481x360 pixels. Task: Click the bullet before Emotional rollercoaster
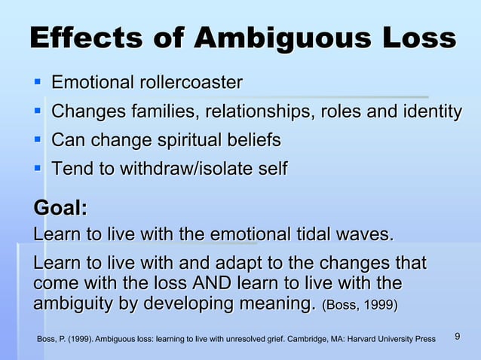pos(36,81)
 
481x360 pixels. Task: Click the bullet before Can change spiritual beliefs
pos(36,139)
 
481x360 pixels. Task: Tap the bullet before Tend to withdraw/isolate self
pos(36,168)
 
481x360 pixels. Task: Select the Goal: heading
pos(60,207)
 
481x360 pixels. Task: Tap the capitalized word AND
pos(214,285)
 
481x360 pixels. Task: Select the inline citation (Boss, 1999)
pos(360,307)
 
